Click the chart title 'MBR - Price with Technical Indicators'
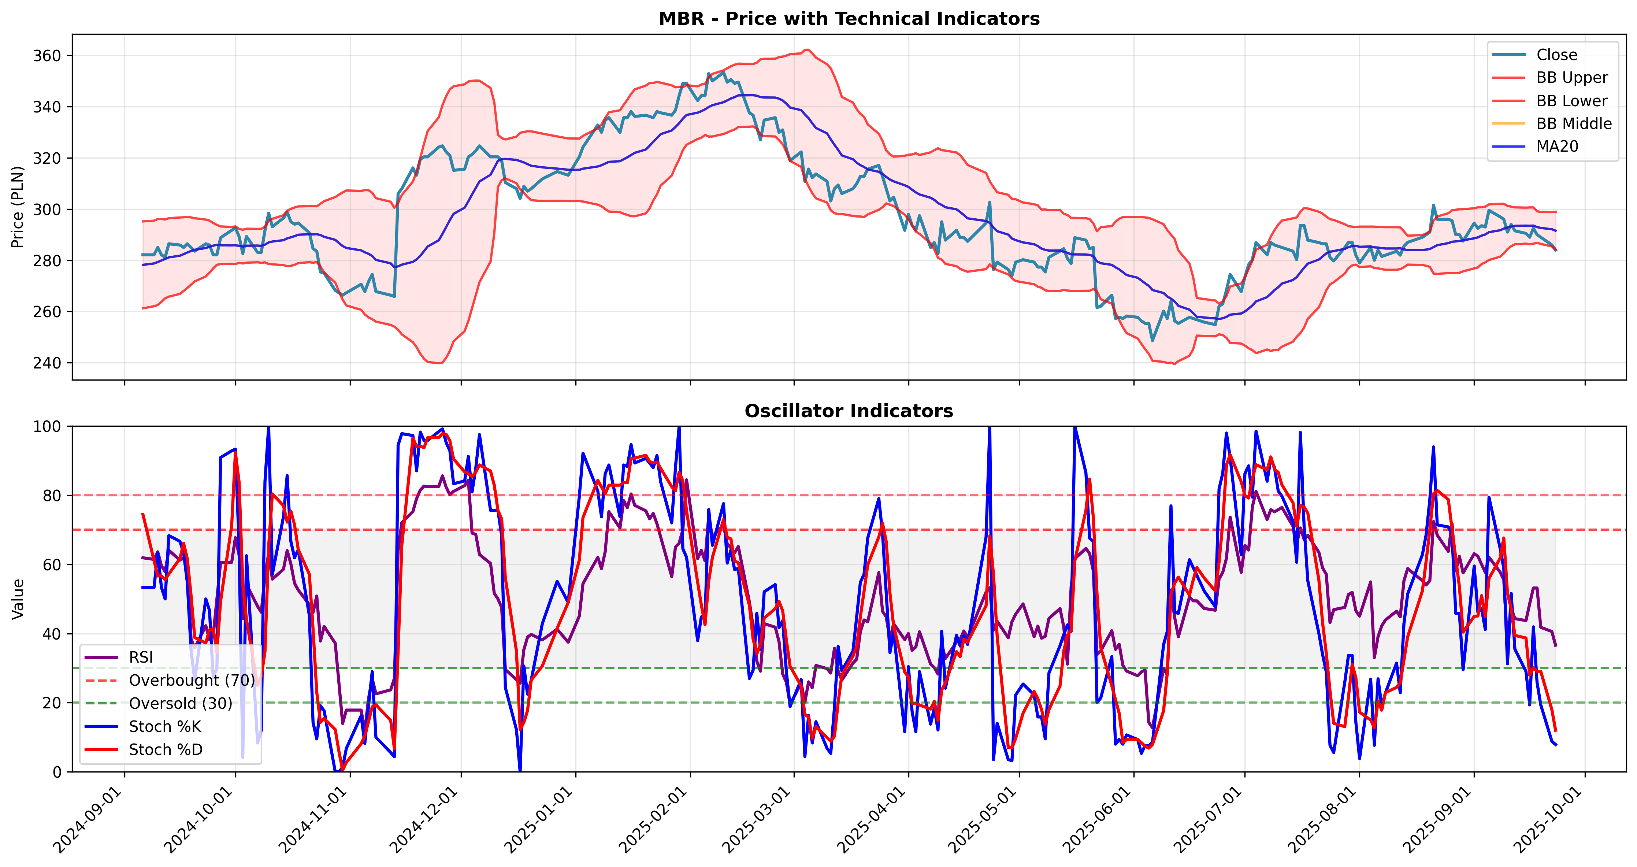pos(849,18)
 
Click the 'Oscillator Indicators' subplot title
pos(849,411)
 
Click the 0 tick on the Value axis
pos(57,772)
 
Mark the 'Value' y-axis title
pos(18,599)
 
